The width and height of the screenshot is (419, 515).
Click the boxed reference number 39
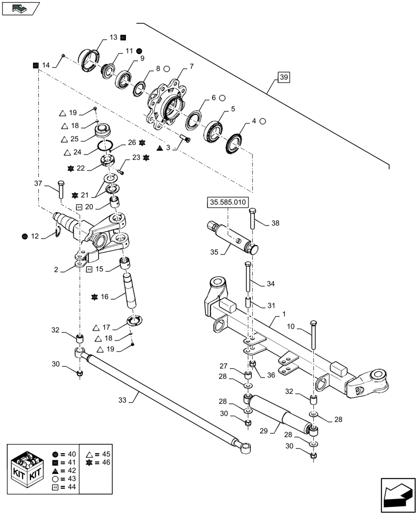point(284,78)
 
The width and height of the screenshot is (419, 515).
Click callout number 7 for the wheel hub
point(191,66)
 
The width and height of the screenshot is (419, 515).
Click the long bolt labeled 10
point(313,335)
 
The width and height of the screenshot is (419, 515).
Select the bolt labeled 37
point(61,190)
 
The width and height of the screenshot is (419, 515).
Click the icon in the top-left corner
point(21,8)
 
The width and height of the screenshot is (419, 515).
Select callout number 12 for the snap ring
point(35,236)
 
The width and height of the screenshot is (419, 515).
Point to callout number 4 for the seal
point(254,122)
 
